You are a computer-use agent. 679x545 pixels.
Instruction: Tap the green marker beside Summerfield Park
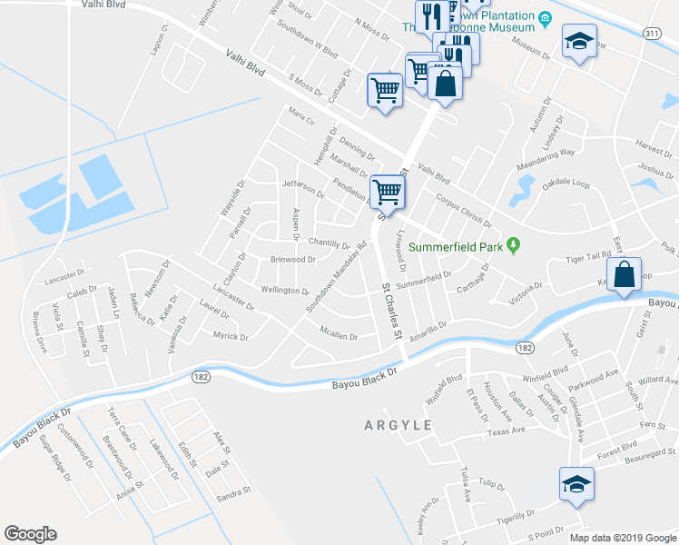(x=514, y=244)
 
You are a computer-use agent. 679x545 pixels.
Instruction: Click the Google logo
(x=30, y=534)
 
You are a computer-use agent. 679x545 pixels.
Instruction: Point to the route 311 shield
(x=651, y=33)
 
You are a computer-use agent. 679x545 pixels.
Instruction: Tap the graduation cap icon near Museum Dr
(x=578, y=41)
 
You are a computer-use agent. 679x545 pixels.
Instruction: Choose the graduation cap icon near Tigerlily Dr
(x=576, y=483)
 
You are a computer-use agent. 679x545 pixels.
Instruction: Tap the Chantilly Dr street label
(x=329, y=243)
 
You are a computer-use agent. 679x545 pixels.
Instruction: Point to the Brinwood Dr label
(x=292, y=259)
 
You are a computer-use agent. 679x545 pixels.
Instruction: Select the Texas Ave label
(x=506, y=431)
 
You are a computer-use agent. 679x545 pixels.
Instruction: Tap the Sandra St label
(x=233, y=492)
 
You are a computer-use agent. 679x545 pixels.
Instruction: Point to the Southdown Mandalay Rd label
(x=336, y=277)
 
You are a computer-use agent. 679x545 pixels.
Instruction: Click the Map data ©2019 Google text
(x=622, y=537)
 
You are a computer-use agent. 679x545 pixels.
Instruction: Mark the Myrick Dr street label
(x=230, y=337)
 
